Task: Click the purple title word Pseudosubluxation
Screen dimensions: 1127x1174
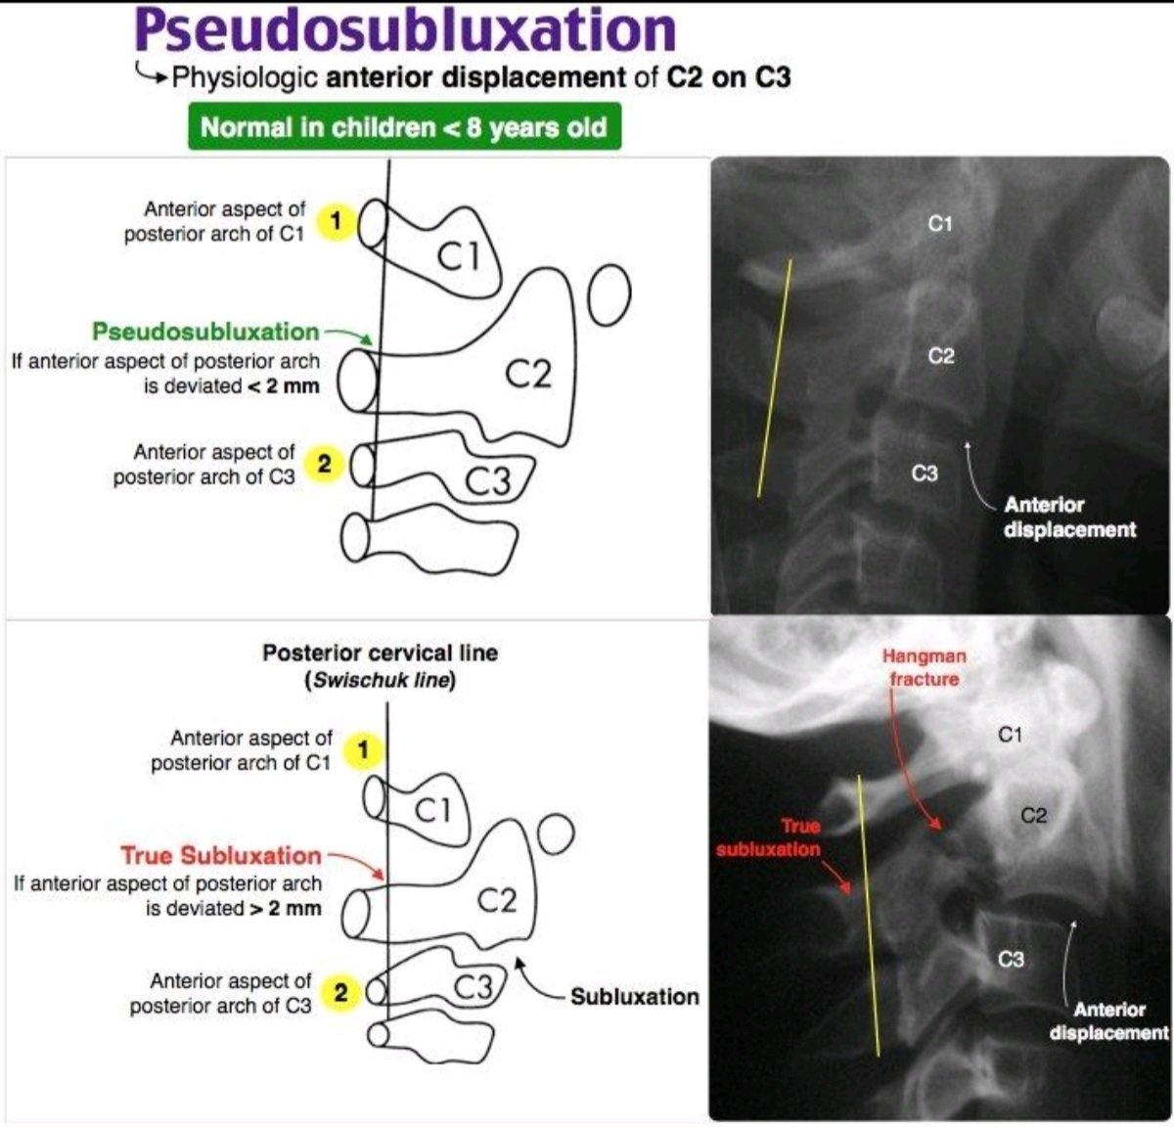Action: [405, 31]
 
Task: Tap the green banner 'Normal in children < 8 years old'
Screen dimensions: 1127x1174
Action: [404, 128]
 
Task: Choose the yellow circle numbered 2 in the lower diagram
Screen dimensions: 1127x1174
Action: [340, 993]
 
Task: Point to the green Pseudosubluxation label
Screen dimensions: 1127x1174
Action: [205, 332]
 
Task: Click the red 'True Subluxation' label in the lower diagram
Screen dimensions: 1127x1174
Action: [221, 856]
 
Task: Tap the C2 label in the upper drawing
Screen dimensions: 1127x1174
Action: [528, 373]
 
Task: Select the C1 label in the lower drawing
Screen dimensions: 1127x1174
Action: [433, 809]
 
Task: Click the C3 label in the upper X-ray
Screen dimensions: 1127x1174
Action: [925, 473]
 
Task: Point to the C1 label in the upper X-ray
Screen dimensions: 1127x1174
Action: [939, 224]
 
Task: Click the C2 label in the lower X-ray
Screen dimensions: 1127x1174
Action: [1034, 815]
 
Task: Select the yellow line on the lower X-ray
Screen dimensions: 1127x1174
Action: [869, 915]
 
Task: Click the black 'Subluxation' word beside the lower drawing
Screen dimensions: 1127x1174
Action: [635, 997]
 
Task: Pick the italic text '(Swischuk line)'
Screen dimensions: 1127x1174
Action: [380, 681]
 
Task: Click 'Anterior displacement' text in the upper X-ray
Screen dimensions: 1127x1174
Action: [1069, 518]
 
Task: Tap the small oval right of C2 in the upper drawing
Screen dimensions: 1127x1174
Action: [609, 293]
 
